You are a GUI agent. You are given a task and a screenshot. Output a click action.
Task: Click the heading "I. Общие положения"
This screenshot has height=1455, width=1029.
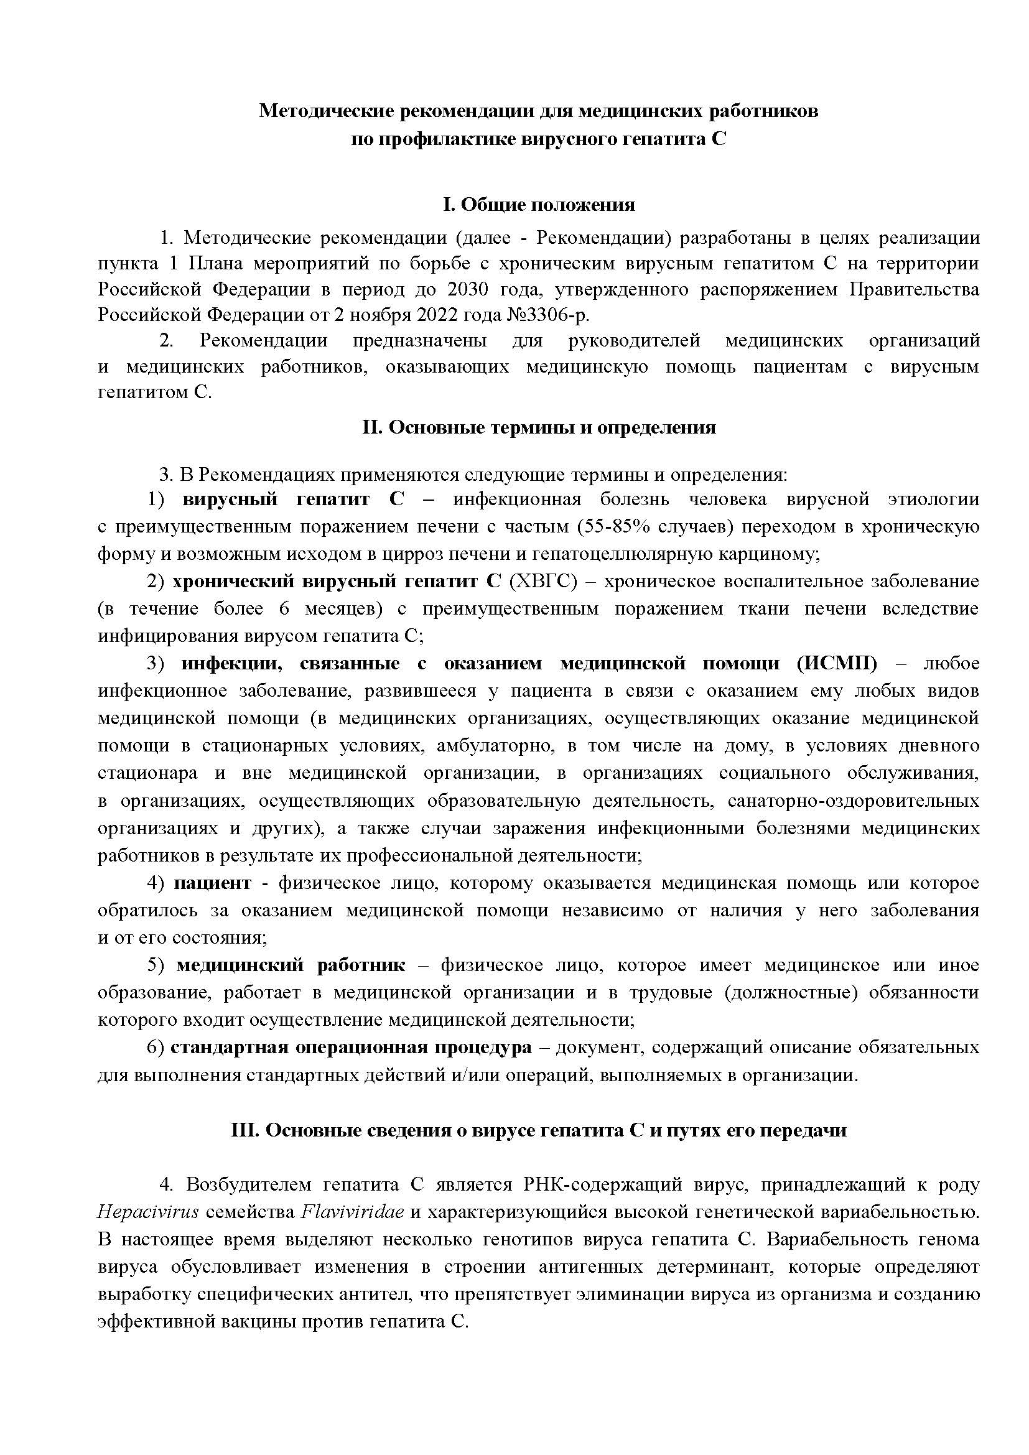pos(539,205)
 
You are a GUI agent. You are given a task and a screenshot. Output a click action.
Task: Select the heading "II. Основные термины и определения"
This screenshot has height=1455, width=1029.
pos(539,427)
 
